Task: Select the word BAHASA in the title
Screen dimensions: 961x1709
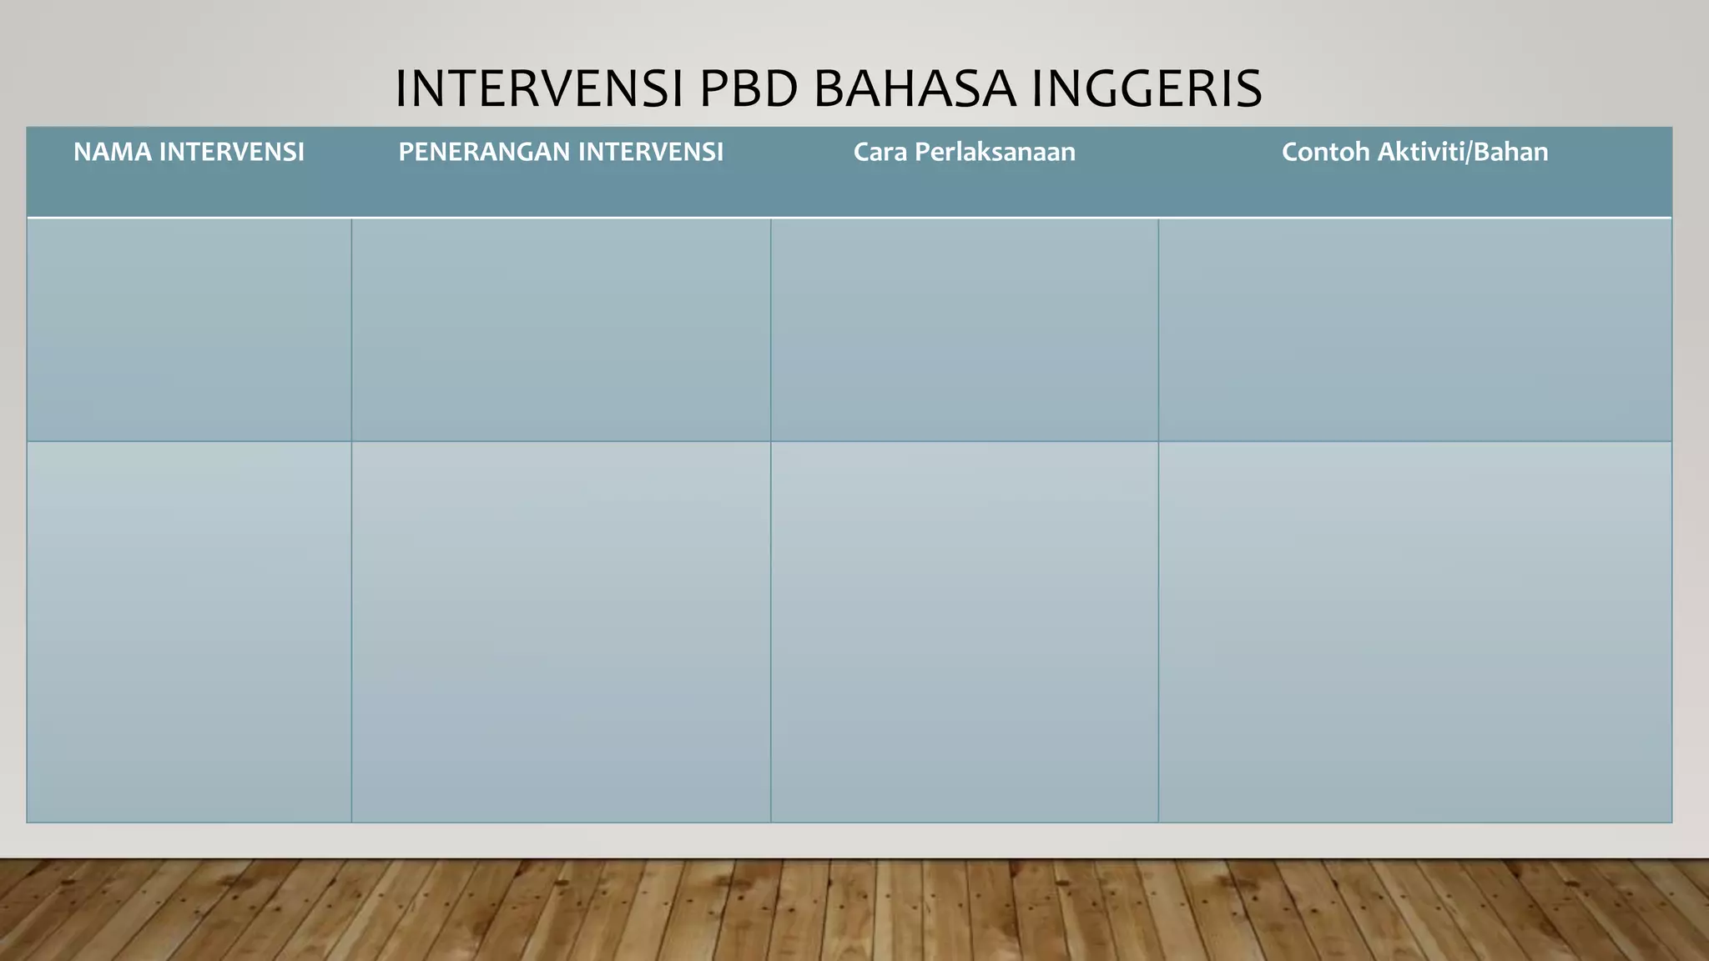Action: coord(915,88)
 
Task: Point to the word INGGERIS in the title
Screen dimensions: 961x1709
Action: coord(1147,88)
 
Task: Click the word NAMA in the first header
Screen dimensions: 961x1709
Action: coord(112,152)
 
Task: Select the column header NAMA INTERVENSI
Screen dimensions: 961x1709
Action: coord(189,152)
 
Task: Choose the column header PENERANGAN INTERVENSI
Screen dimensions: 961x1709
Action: coord(561,152)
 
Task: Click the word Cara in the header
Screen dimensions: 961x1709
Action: coord(880,152)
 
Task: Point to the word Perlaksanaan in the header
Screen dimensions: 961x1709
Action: coord(996,152)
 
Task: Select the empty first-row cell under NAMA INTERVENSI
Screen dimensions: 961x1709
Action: coord(189,330)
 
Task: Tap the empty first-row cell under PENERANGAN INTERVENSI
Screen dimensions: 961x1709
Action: coord(561,330)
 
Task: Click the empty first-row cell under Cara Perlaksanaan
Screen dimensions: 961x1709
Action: coord(964,330)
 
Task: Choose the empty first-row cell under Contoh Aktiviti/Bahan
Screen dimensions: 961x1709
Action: coord(1414,330)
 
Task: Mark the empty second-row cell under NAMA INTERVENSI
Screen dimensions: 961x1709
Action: coord(189,631)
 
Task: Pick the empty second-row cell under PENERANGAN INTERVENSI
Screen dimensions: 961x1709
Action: coord(561,631)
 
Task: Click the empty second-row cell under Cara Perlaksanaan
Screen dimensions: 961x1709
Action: coord(964,631)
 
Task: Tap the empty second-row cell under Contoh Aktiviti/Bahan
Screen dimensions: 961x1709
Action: coord(1414,631)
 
